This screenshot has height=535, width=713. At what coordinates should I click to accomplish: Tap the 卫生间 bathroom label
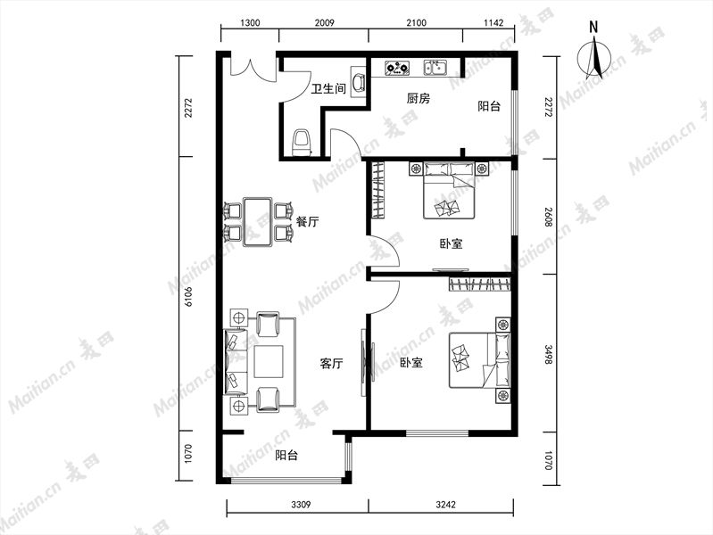328,88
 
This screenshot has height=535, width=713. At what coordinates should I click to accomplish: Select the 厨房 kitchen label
418,98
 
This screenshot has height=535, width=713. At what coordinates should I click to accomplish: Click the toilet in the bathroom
302,143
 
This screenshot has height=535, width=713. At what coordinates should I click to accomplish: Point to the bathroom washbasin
359,81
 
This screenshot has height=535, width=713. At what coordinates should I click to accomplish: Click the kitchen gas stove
397,68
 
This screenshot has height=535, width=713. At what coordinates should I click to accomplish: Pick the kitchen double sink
435,68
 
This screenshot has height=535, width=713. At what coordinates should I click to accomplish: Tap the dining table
257,221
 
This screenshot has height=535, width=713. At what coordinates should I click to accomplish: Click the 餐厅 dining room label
307,222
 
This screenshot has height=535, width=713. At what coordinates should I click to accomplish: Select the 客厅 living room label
331,364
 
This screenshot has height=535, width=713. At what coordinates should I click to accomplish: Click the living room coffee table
269,361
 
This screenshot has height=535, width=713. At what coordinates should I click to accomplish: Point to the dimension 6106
188,295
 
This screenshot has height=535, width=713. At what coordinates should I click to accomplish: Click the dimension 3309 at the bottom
301,504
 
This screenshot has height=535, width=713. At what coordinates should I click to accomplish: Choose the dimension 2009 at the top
324,22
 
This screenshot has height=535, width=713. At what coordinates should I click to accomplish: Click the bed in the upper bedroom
449,191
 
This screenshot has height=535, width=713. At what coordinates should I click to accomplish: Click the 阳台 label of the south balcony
286,455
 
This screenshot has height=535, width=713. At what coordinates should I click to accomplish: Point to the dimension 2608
549,218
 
